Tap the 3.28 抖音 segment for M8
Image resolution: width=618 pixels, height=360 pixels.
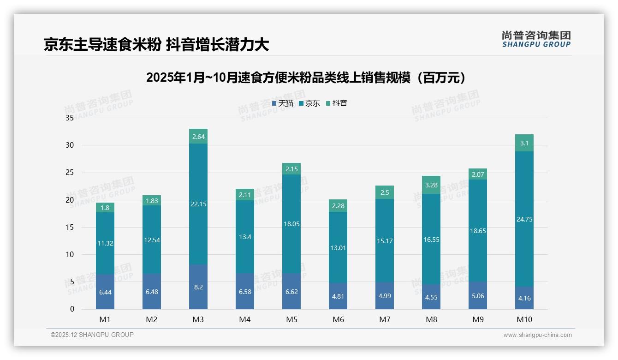pos(431,185)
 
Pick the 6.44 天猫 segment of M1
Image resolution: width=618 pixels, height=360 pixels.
pos(105,292)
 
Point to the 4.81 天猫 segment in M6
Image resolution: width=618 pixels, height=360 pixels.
pos(338,296)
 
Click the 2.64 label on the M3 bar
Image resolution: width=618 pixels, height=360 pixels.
pos(198,137)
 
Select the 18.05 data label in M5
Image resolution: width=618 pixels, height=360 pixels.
pos(291,224)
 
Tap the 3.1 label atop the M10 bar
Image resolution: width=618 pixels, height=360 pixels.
pos(524,143)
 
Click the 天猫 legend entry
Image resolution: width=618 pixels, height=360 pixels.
pos(283,103)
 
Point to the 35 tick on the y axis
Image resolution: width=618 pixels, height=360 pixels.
pos(70,118)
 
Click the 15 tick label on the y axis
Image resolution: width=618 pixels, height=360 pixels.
pos(70,227)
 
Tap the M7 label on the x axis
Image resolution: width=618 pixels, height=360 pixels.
pos(385,319)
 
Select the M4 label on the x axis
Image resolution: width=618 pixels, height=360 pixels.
pos(245,319)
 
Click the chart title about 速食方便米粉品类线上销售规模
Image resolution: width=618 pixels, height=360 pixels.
pos(309,78)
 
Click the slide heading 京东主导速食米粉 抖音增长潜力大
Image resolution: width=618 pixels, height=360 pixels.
pos(156,45)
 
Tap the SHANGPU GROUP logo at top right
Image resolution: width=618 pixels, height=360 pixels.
pos(536,39)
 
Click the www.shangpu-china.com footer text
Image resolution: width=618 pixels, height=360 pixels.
pos(537,335)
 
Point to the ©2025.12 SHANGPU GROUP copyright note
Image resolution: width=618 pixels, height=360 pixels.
pos(92,335)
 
